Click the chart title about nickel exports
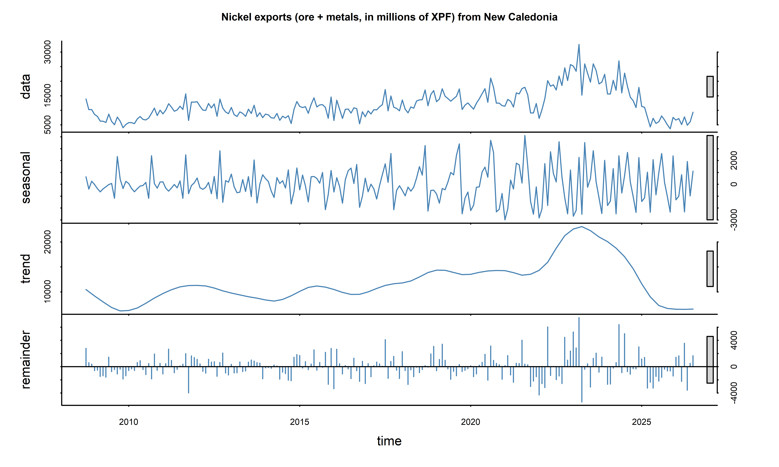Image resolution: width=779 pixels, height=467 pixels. [389, 17]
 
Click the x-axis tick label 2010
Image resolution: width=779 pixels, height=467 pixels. [128, 422]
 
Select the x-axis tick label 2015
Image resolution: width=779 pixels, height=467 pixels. [299, 422]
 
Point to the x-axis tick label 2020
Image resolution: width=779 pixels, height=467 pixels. [470, 422]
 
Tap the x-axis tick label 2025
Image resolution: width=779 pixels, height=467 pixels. [641, 422]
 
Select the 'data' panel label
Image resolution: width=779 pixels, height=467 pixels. [25, 87]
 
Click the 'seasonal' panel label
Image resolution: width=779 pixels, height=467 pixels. [25, 177]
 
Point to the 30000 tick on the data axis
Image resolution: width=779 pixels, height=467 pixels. [47, 52]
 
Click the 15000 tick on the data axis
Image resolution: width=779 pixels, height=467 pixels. [47, 95]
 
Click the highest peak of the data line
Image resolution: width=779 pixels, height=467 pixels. [579, 45]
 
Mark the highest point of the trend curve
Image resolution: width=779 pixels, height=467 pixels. [582, 227]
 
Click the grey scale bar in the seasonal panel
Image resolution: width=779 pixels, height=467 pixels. [710, 177]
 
